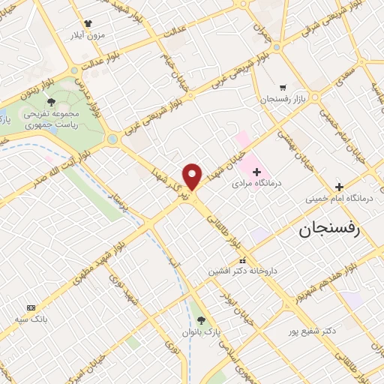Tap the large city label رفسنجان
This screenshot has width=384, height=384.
[x=329, y=229]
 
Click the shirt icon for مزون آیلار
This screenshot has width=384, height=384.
[x=88, y=24]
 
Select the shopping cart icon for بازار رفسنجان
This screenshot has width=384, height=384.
[x=282, y=87]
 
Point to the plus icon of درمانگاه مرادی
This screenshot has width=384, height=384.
[x=256, y=172]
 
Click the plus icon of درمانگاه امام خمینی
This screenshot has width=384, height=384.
[x=339, y=187]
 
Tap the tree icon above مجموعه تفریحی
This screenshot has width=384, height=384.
[x=50, y=101]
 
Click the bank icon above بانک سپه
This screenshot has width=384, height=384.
[x=31, y=307]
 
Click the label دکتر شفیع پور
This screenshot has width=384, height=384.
[x=313, y=329]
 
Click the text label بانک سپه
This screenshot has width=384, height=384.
[x=31, y=319]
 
